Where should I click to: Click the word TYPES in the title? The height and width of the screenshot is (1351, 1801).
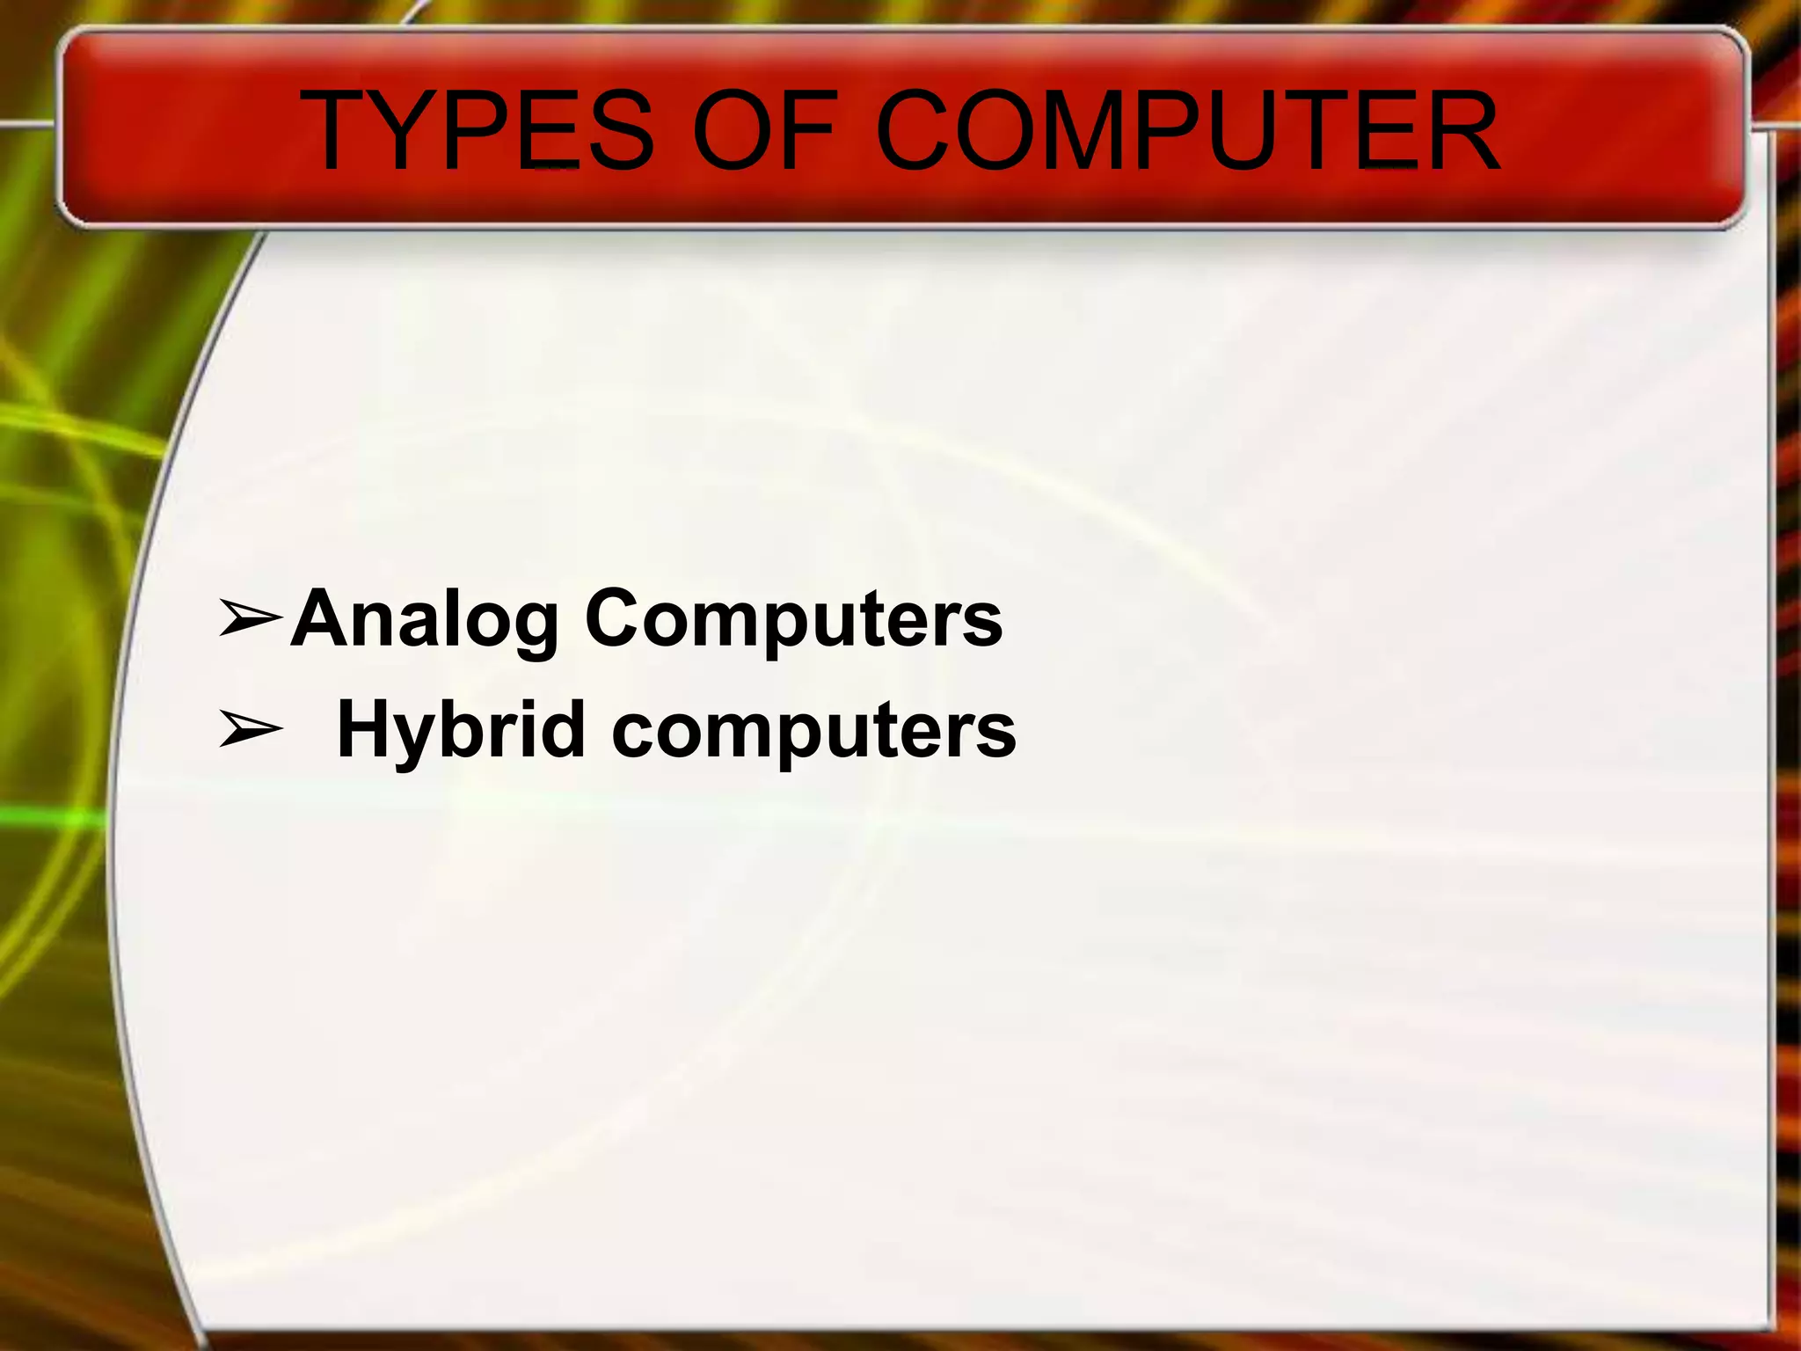pos(479,132)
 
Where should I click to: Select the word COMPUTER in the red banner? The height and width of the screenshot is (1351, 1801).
pos(1187,132)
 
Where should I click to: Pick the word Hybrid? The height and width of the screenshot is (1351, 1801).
pos(461,730)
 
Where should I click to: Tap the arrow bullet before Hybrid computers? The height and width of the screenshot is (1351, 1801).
pos(251,729)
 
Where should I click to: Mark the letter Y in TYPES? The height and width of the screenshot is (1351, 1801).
pos(412,132)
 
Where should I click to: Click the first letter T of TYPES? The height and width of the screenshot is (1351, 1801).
pos(339,132)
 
